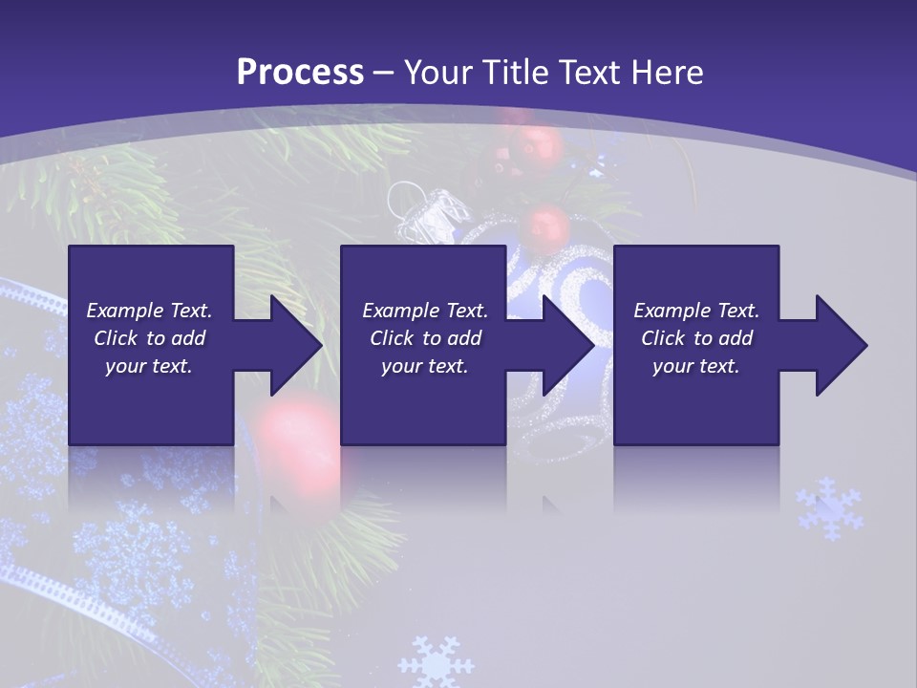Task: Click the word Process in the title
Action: (x=300, y=73)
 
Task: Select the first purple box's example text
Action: (x=149, y=338)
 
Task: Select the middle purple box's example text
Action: (x=424, y=338)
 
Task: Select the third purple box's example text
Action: (x=695, y=338)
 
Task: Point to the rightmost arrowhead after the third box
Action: (x=840, y=345)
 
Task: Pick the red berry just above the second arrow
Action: (x=549, y=226)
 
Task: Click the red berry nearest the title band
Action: (x=535, y=146)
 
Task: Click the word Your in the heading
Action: (x=441, y=73)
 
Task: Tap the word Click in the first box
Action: (x=117, y=338)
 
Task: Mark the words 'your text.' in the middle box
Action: (x=424, y=366)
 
